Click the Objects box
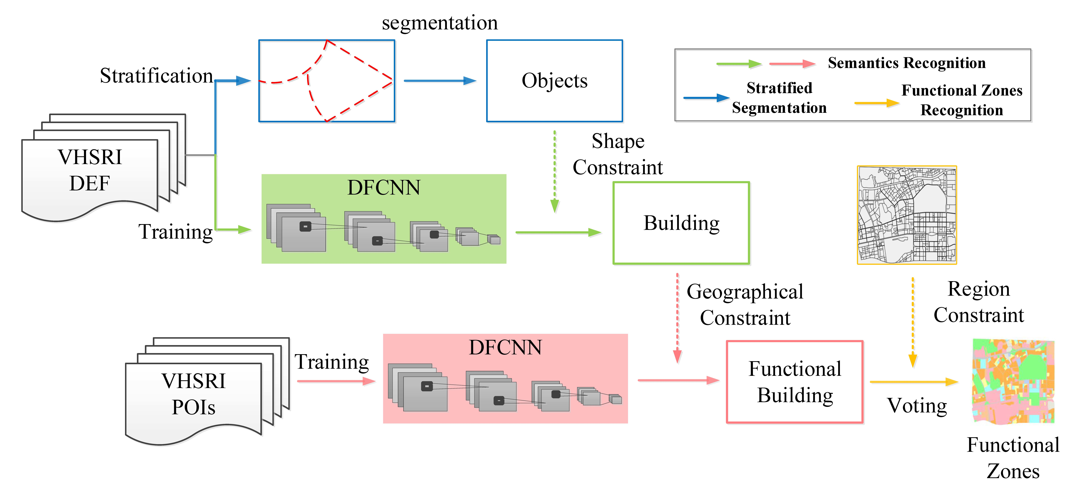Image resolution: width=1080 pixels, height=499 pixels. pyautogui.click(x=554, y=81)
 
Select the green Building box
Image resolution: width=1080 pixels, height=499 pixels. pyautogui.click(x=681, y=223)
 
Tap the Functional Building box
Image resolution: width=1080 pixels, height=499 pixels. pyautogui.click(x=794, y=382)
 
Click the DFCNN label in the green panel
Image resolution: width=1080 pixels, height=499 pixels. pyautogui.click(x=384, y=188)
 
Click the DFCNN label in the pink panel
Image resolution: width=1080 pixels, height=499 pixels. pyautogui.click(x=505, y=347)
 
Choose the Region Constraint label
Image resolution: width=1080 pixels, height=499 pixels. pyautogui.click(x=979, y=302)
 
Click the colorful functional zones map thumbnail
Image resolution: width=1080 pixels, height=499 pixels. pyautogui.click(x=1013, y=381)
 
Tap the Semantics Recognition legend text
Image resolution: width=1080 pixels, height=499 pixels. pyautogui.click(x=906, y=63)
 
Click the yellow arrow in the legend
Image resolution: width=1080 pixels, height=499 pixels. pyautogui.click(x=876, y=103)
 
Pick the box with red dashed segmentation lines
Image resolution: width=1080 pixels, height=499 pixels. pyautogui.click(x=327, y=81)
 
